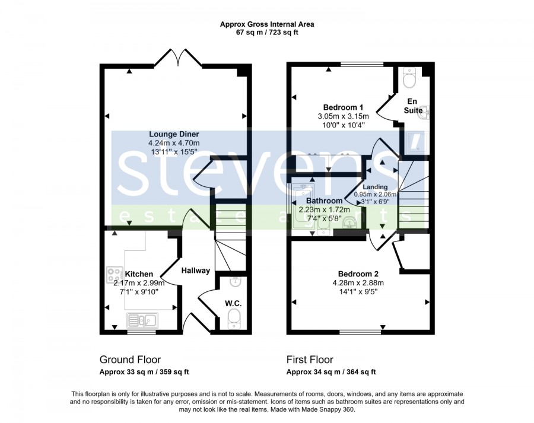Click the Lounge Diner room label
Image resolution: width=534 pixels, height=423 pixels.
(x=174, y=134)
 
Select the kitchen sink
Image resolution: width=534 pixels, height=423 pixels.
(x=142, y=320)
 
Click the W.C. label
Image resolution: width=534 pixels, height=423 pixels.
(x=233, y=303)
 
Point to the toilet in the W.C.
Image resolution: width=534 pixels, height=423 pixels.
(x=234, y=319)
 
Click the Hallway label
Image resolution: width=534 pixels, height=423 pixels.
(x=195, y=271)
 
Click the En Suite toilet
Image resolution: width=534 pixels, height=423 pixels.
(x=409, y=77)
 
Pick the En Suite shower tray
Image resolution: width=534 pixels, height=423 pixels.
(x=418, y=143)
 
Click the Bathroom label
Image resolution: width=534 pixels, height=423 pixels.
(x=324, y=201)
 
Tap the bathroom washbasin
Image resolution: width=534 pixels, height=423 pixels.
(x=350, y=223)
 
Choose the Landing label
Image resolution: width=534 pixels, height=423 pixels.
(x=375, y=187)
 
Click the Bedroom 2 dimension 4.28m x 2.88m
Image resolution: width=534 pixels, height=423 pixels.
(x=358, y=282)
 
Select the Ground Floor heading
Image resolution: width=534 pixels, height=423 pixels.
(x=130, y=360)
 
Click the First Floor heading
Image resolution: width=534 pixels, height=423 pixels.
(x=310, y=360)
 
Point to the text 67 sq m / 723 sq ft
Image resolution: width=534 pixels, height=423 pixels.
(x=267, y=33)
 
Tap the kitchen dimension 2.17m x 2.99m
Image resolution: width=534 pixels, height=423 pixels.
(x=139, y=283)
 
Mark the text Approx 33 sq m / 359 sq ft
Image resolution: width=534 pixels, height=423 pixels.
(x=144, y=372)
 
